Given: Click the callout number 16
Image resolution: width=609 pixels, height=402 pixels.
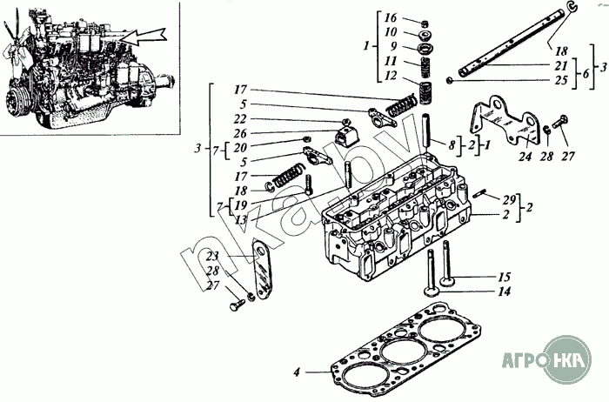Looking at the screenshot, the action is [391, 18].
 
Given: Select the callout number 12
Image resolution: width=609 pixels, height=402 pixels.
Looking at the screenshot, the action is [391, 76].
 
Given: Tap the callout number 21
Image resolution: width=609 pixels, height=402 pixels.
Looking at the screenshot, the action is [561, 65].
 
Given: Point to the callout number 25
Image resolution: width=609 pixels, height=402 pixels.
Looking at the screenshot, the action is [561, 80].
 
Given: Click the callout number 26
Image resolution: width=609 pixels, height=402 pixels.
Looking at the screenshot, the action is [240, 134].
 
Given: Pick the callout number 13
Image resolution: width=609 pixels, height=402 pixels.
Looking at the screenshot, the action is [241, 220].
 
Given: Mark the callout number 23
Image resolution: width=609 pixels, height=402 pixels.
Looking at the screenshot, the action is [212, 257].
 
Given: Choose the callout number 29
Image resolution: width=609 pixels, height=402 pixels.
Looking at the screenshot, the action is [509, 200].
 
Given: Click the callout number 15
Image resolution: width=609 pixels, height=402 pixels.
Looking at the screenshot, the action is [504, 277].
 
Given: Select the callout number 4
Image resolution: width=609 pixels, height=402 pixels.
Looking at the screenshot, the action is [297, 372].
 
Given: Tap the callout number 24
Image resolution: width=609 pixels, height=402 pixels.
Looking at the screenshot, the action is [525, 157].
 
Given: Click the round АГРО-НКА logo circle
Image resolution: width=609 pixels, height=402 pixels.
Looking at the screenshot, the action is [567, 359].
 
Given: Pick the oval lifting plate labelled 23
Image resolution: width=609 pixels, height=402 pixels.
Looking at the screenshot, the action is [262, 270].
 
